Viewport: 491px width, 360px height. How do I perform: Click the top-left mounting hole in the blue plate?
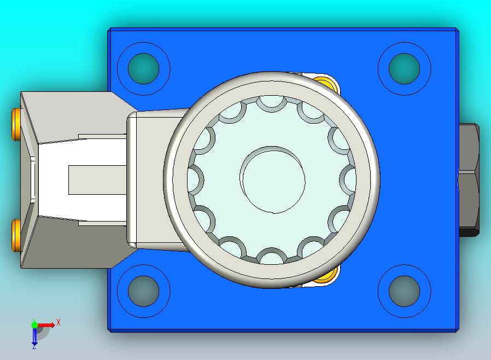[x=143, y=68]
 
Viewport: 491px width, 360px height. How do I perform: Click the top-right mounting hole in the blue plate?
[x=404, y=68]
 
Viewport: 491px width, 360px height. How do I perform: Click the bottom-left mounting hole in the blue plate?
[x=143, y=291]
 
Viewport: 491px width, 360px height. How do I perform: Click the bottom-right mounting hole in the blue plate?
[x=404, y=291]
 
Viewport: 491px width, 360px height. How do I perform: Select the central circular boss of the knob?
[x=272, y=179]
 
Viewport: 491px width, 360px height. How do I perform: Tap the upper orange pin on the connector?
[x=16, y=124]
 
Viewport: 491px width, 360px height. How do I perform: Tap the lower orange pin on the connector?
[x=16, y=235]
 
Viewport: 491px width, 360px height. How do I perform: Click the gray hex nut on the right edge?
[x=469, y=180]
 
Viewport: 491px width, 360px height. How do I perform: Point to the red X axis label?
[x=59, y=322]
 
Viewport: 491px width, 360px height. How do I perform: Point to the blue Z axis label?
[x=34, y=347]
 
